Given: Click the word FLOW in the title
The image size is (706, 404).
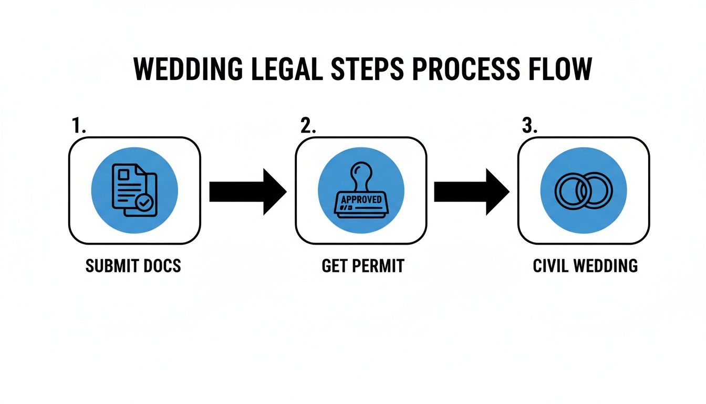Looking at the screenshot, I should [563, 69].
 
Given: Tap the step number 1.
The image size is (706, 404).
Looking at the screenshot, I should [78, 126].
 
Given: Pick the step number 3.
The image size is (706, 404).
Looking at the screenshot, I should [529, 126].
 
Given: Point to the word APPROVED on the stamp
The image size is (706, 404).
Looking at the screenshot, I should [361, 200].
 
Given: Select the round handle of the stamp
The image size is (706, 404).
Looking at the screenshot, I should [361, 171].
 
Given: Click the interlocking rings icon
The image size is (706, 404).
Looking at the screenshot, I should [584, 190].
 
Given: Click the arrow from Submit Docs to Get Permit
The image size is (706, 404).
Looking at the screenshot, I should [247, 191].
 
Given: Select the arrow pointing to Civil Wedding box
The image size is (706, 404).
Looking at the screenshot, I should [471, 191].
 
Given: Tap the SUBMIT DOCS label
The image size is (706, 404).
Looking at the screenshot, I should [133, 266].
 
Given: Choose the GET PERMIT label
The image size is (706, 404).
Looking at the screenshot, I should [362, 266].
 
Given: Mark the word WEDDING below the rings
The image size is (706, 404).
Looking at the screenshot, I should [606, 266].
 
